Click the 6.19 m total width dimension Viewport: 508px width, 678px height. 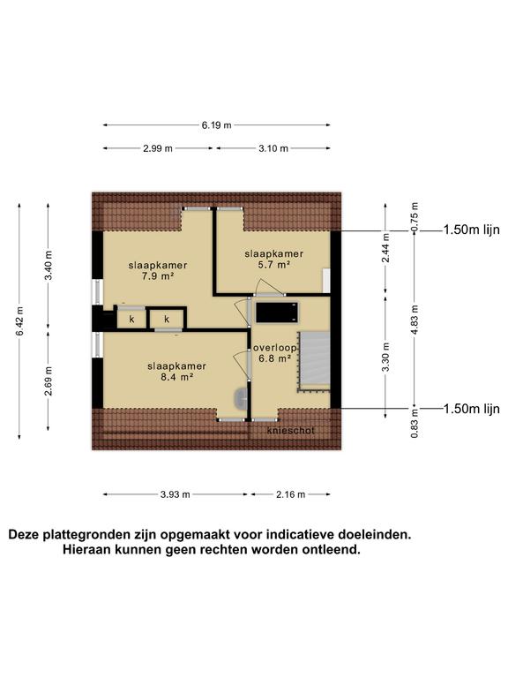pyautogui.click(x=216, y=125)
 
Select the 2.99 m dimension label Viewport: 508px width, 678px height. pyautogui.click(x=158, y=148)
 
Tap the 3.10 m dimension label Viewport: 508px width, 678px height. pyautogui.click(x=273, y=148)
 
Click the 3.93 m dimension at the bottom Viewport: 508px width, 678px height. pyautogui.click(x=176, y=494)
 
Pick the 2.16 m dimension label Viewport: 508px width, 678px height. pyautogui.click(x=290, y=494)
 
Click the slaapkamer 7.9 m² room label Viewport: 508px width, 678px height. pyautogui.click(x=157, y=270)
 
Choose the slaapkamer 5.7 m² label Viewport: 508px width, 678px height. pyautogui.click(x=274, y=258)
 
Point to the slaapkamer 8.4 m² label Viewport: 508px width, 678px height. pyautogui.click(x=176, y=371)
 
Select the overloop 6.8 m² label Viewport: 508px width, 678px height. pyautogui.click(x=275, y=353)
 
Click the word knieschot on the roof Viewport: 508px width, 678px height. pyautogui.click(x=290, y=430)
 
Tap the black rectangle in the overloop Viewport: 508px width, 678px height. pyautogui.click(x=275, y=312)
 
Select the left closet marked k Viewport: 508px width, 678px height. pyautogui.click(x=131, y=318)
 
